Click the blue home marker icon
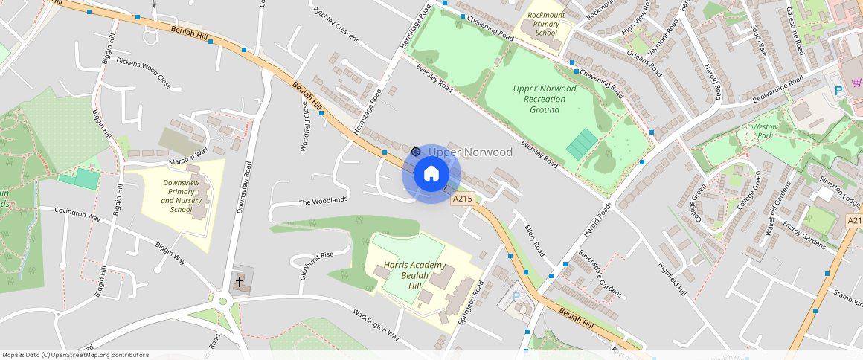pos(431,174)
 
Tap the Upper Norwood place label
pos(470,152)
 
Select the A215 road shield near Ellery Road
pos(463,199)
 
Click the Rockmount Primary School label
pos(546,24)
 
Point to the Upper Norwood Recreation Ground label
pos(545,99)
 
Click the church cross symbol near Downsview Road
pos(240,281)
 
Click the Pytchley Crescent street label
pos(336,25)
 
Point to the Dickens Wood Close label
pos(144,73)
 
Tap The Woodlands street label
pos(324,201)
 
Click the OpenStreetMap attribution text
pos(75,355)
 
